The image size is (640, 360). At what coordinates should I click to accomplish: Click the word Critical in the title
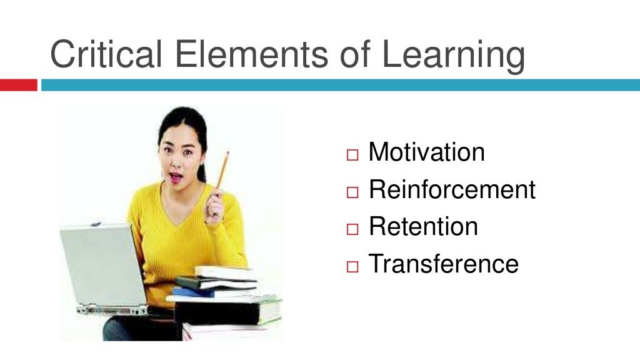coord(107,54)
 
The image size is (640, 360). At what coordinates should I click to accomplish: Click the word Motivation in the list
coord(426,152)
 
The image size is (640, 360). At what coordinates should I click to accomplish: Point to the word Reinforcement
coord(452,189)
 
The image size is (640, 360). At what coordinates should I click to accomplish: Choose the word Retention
coord(423,226)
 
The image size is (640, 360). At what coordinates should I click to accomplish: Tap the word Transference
coord(443,263)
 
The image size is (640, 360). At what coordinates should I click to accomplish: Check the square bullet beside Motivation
coord(354,154)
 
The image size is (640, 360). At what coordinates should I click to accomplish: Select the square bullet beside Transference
coord(354,266)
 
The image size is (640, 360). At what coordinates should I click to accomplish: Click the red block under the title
coord(18,85)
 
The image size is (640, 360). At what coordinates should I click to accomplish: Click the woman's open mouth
coord(175,177)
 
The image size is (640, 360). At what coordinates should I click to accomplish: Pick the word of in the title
coord(356,54)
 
